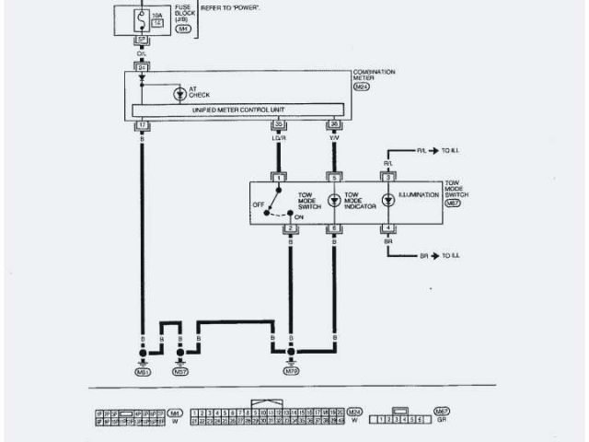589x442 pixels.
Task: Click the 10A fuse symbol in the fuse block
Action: tap(142, 17)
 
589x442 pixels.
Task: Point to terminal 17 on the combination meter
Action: tap(142, 123)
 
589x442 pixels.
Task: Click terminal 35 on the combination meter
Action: tap(277, 123)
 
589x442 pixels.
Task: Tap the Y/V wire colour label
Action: tap(334, 138)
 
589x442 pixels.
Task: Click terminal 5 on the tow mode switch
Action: tap(334, 176)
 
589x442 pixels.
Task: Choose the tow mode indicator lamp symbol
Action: tap(334, 199)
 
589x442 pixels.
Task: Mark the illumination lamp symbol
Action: tap(388, 199)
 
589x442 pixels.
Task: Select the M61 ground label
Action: tap(143, 373)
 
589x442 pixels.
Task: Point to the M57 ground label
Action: tap(180, 373)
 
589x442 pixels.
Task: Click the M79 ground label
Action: tap(292, 373)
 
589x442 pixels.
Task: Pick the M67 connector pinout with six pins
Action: tap(398, 419)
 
